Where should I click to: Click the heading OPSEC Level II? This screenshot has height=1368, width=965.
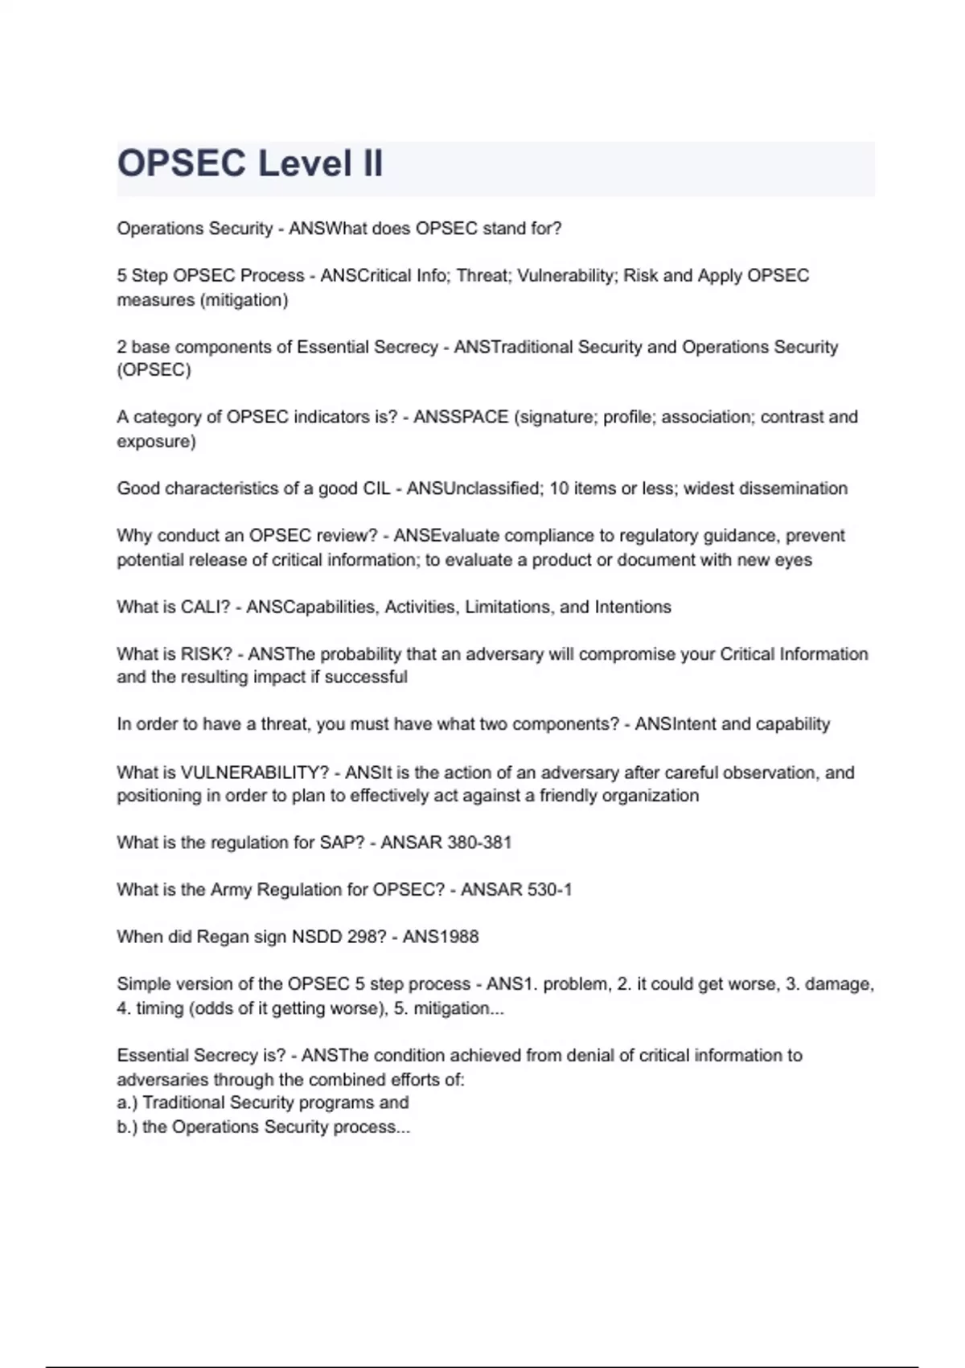click(x=250, y=163)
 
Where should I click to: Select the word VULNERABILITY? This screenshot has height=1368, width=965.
click(x=255, y=773)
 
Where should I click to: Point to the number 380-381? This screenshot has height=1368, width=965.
click(x=478, y=843)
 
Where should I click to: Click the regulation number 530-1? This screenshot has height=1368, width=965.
click(x=549, y=890)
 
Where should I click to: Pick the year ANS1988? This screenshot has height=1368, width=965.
click(x=441, y=937)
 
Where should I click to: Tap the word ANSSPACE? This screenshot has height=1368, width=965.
click(x=461, y=417)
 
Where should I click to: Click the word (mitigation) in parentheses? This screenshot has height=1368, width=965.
click(x=244, y=300)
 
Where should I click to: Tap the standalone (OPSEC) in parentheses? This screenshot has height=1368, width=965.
click(x=154, y=370)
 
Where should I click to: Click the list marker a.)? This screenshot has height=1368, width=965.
click(x=127, y=1102)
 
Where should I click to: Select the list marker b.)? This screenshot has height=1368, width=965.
click(x=127, y=1127)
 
